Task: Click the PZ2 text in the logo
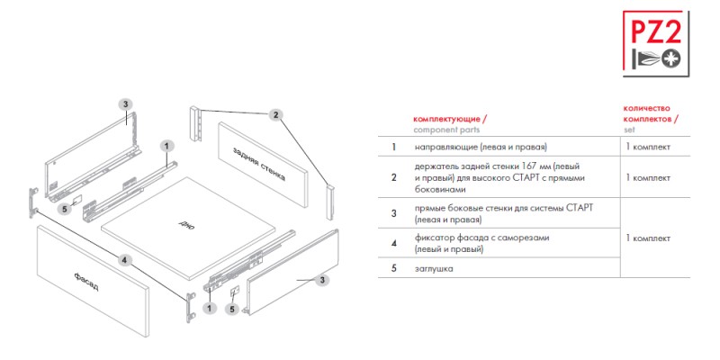coord(657,32)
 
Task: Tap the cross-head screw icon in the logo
coord(671,58)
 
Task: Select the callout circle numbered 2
coord(275,115)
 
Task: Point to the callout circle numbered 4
coord(124,260)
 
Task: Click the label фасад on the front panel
coord(85,281)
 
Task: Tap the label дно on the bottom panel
coord(184,223)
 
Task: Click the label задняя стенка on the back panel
coord(259,164)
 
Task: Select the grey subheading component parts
coord(446,130)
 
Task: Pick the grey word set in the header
coord(629,130)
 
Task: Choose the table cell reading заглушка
coord(434,268)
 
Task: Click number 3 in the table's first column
coord(393,213)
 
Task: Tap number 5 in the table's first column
coord(393,268)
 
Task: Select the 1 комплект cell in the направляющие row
coord(648,147)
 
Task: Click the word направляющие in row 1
coord(441,148)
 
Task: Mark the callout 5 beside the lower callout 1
coord(232,310)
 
